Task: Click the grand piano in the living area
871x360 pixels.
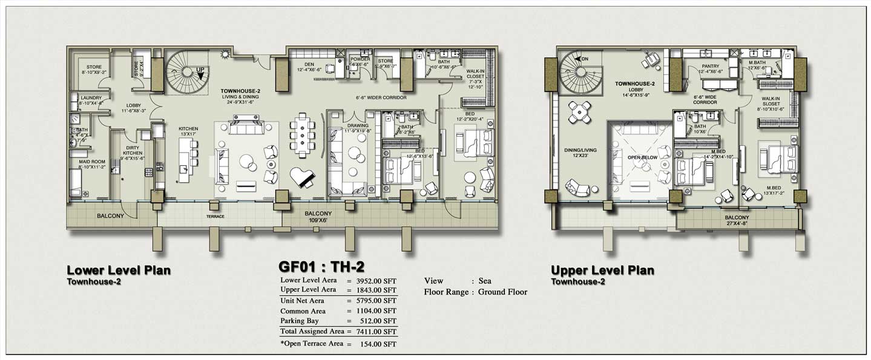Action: point(302,177)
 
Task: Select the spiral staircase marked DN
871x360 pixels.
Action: point(581,73)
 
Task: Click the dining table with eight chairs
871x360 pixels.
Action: point(302,136)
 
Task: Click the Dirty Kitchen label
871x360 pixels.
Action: point(134,151)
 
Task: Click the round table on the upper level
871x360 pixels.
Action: point(580,111)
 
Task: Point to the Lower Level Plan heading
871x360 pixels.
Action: point(118,270)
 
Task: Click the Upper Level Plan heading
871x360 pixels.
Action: point(602,270)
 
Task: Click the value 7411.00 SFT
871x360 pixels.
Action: point(376,332)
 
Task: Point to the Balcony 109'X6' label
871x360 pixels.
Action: point(318,217)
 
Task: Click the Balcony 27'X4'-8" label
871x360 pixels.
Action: point(737,221)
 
